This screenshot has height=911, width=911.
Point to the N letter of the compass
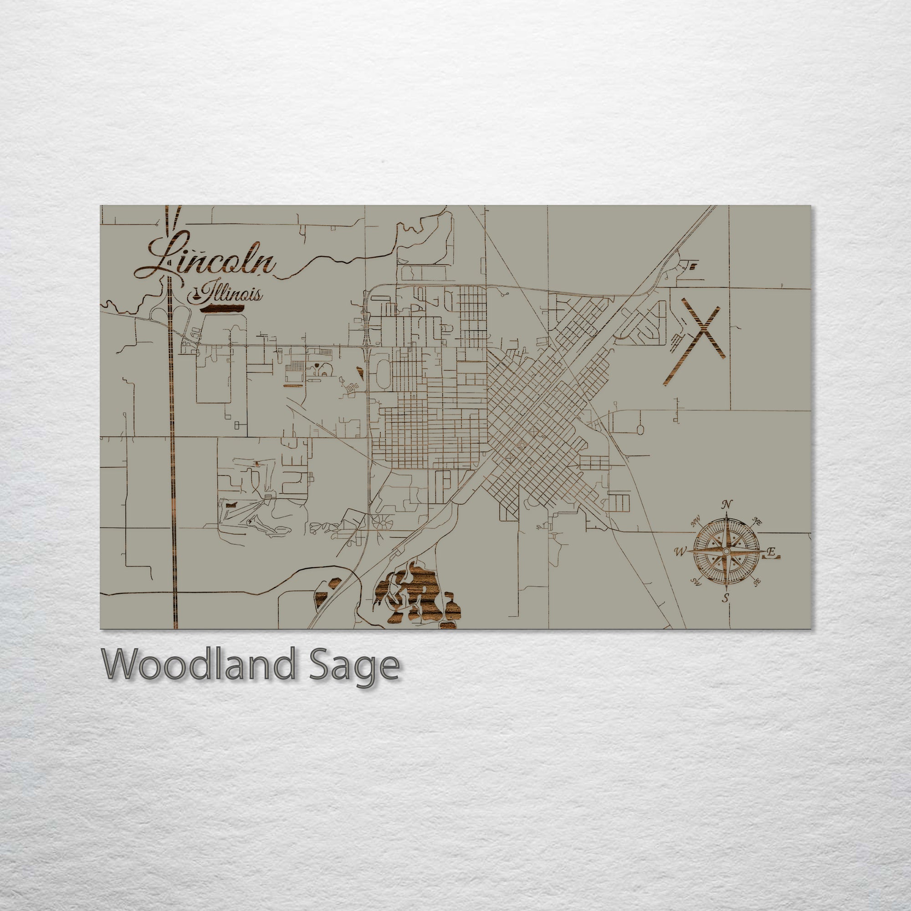click(727, 504)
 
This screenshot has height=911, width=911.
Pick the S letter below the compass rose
click(726, 599)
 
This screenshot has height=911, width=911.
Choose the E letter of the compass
click(771, 551)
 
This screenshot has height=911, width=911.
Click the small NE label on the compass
click(757, 522)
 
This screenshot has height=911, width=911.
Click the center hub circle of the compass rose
click(726, 551)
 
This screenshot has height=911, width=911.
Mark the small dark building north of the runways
click(693, 267)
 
